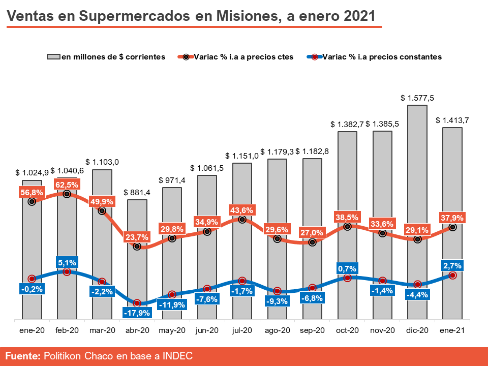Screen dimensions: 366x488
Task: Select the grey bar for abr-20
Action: [137, 274]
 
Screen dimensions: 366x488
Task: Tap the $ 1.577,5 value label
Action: [417, 98]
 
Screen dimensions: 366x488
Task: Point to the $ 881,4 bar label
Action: [137, 193]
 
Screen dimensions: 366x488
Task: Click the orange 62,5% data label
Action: [67, 185]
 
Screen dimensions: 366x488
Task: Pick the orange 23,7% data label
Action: [137, 237]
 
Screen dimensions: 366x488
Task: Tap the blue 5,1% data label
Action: [67, 263]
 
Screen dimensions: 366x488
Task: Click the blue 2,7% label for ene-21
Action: [452, 265]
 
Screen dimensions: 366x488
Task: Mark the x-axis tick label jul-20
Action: [242, 330]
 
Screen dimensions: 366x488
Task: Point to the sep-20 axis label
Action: [312, 330]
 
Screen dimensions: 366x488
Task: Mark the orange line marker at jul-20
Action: [242, 220]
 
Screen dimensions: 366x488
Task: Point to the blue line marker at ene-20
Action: [32, 279]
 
